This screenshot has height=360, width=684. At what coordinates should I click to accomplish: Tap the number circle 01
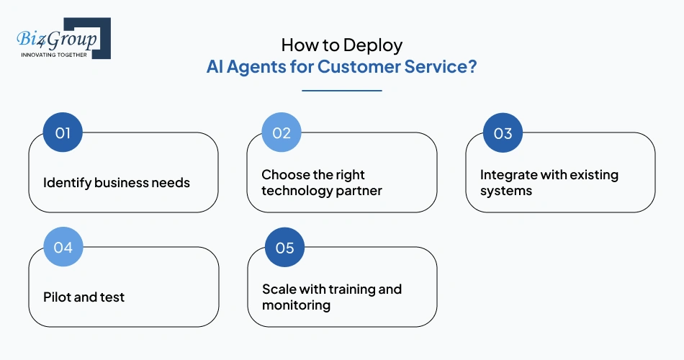(x=63, y=132)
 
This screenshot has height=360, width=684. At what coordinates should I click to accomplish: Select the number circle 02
(x=281, y=132)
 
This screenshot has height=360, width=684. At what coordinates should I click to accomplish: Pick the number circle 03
(x=503, y=132)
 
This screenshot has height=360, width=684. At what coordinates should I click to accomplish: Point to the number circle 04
(x=63, y=247)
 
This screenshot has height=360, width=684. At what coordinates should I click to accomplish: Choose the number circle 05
(x=284, y=247)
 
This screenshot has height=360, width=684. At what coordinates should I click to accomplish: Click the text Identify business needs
(x=117, y=182)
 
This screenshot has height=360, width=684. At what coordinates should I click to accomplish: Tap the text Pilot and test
(x=84, y=297)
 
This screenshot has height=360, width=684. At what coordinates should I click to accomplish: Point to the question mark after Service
(x=472, y=67)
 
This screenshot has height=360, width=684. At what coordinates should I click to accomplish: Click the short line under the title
(x=341, y=91)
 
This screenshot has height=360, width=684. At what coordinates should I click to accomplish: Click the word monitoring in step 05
(x=296, y=305)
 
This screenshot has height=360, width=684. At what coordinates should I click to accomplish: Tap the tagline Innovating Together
(x=55, y=55)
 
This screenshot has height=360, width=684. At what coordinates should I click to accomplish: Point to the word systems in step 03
(x=506, y=191)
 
